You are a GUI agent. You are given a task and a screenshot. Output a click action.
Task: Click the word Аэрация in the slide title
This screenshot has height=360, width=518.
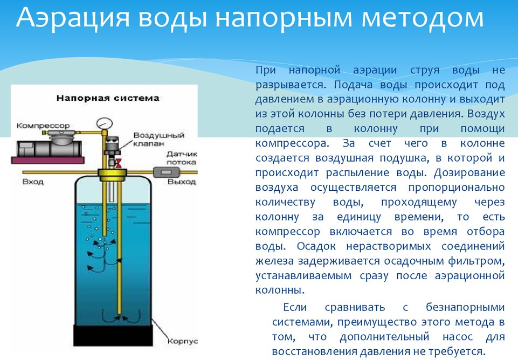pyautogui.click(x=73, y=18)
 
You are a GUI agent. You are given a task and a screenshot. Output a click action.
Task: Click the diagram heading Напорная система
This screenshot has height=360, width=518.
pyautogui.click(x=108, y=98)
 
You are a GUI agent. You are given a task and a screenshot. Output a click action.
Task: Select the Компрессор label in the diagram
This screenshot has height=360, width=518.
pyautogui.click(x=43, y=126)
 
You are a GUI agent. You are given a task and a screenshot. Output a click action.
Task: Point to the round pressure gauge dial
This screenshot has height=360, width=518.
pyautogui.click(x=105, y=123)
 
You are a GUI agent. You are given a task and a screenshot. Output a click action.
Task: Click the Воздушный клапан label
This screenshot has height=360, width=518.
pyautogui.click(x=158, y=140)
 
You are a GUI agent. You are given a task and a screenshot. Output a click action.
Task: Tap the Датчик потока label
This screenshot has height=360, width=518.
pyautogui.click(x=181, y=158)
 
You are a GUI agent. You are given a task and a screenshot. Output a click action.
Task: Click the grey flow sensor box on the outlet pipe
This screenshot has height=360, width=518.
pyautogui.click(x=166, y=172)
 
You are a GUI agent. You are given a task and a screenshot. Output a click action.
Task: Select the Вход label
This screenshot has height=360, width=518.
pyautogui.click(x=33, y=182)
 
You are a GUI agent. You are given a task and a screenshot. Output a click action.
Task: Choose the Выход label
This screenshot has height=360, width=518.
pyautogui.click(x=181, y=182)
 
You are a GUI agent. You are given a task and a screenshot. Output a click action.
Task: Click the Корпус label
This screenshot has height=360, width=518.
pyautogui.click(x=182, y=342)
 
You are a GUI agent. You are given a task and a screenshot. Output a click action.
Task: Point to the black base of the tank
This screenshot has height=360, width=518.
pyautogui.click(x=113, y=336)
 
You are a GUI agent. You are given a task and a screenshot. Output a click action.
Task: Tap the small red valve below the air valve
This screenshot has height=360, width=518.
pyautogui.click(x=118, y=163)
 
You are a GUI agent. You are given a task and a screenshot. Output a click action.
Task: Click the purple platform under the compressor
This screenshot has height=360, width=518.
pyautogui.click(x=47, y=160)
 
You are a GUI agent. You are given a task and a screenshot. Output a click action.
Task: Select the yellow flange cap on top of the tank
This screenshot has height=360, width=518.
pyautogui.click(x=112, y=175)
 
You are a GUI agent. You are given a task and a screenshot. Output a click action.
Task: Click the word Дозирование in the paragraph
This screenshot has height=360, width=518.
pyautogui.click(x=469, y=173)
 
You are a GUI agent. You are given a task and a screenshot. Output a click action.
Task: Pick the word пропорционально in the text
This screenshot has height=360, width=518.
pyautogui.click(x=457, y=188)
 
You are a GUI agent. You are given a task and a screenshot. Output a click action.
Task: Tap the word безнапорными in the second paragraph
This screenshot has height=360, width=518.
pyautogui.click(x=465, y=308)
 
